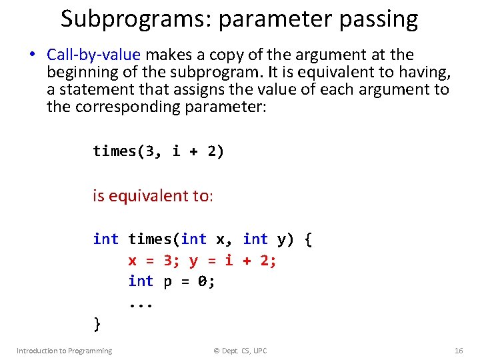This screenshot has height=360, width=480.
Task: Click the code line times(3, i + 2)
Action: (x=159, y=151)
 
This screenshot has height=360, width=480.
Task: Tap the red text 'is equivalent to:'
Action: (x=153, y=195)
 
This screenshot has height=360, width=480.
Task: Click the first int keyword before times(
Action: (x=106, y=239)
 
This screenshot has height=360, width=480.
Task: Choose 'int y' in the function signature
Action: (x=265, y=239)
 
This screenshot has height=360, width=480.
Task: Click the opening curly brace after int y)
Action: (x=307, y=239)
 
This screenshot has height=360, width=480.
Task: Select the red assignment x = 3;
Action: (x=154, y=260)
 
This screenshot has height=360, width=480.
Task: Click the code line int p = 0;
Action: (x=172, y=281)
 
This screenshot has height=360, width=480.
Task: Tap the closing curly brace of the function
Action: (x=97, y=324)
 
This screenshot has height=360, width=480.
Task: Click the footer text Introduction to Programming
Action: (x=64, y=351)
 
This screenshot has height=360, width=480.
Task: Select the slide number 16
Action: (x=458, y=351)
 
